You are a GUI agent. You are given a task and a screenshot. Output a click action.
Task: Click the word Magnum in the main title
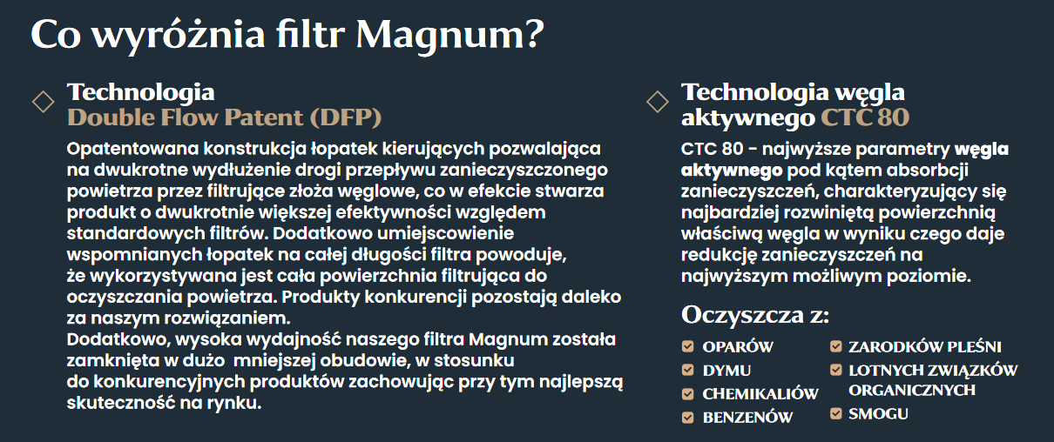[x=440, y=36]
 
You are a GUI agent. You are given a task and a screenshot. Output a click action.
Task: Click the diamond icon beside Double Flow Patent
[x=44, y=102]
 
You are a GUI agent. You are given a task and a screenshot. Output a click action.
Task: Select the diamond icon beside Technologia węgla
[x=658, y=102]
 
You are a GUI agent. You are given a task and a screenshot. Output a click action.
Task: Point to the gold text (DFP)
[x=346, y=117]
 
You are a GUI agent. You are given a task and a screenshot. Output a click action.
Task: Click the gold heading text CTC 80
[x=865, y=117]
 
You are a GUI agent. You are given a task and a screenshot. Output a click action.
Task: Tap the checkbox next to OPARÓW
[x=688, y=346]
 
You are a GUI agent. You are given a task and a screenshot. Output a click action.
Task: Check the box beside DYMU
[x=688, y=370]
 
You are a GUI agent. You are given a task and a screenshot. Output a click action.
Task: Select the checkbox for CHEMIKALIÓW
[x=688, y=393]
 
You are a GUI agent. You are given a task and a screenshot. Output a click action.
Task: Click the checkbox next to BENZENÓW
[x=688, y=417]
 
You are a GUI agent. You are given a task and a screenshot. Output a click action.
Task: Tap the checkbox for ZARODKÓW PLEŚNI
[x=835, y=346]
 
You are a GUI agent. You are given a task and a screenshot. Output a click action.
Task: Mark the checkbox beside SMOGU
[x=835, y=413]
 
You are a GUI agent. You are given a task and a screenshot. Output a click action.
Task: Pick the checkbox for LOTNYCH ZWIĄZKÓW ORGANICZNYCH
[x=835, y=370]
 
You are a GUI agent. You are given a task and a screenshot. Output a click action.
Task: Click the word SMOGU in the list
[x=879, y=414]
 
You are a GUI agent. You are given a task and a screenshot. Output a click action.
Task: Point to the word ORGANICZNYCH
[x=912, y=391]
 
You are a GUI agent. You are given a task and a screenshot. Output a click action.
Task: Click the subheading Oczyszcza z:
[x=754, y=315]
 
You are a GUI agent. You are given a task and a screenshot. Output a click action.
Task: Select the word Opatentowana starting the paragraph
[x=132, y=149]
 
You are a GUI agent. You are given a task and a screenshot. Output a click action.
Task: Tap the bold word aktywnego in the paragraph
[x=732, y=171]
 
